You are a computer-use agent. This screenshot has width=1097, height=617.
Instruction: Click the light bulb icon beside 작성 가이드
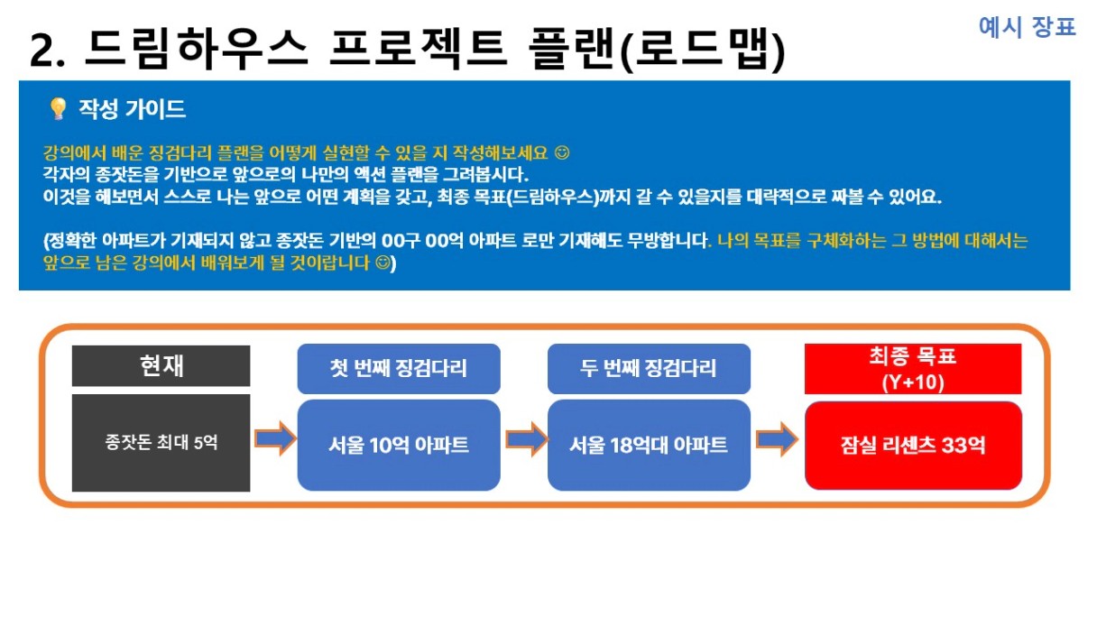tap(59, 108)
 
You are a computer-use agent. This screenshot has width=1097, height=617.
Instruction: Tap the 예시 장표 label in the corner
tap(1027, 27)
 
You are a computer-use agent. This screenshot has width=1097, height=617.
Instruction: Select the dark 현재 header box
tap(161, 366)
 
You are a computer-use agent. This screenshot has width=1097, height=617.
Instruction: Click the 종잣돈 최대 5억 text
tap(161, 443)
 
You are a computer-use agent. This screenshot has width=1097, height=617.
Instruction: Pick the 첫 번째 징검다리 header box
tap(399, 369)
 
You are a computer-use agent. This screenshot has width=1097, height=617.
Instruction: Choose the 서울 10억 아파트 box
tap(399, 445)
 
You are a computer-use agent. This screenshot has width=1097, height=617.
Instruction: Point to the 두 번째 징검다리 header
tap(649, 369)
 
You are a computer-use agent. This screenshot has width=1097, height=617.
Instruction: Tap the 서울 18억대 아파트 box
tap(649, 445)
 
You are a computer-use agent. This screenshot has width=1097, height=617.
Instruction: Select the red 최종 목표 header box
tap(913, 369)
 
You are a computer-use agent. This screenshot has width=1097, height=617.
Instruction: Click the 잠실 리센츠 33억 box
tap(913, 445)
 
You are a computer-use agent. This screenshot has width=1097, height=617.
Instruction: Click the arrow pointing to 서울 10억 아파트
tap(275, 438)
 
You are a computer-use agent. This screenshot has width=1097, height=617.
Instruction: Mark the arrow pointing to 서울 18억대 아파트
tap(526, 439)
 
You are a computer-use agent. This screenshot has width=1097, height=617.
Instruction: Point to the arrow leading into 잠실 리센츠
tap(778, 439)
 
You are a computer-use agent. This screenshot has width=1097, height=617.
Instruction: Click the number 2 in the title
tap(41, 51)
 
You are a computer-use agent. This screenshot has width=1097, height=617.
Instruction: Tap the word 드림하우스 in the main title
tap(197, 49)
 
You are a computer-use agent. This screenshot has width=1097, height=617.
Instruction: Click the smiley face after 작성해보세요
tap(562, 152)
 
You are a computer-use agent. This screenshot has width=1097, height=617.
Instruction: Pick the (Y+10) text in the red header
tap(913, 382)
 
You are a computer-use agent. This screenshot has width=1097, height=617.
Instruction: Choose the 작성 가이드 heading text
tap(133, 109)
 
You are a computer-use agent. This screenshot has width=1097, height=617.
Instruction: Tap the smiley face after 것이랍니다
tap(383, 263)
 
